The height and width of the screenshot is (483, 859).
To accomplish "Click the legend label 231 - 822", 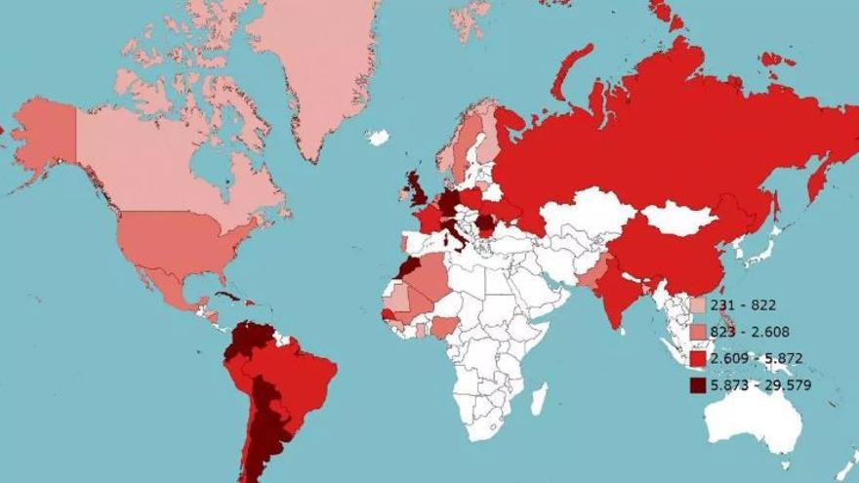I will (743, 305).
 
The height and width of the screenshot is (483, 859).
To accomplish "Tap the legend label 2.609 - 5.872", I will (757, 358).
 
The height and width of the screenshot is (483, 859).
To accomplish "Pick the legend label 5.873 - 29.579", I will (761, 384).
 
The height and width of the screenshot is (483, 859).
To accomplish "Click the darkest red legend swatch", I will (698, 385).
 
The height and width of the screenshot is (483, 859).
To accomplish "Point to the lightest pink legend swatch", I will (698, 305).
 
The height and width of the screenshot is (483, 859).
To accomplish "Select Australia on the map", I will (753, 415).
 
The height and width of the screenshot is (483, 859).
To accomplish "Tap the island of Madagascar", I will (538, 399).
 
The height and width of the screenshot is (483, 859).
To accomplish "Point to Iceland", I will (378, 138).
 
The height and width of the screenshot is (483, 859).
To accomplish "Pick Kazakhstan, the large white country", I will (586, 215).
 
